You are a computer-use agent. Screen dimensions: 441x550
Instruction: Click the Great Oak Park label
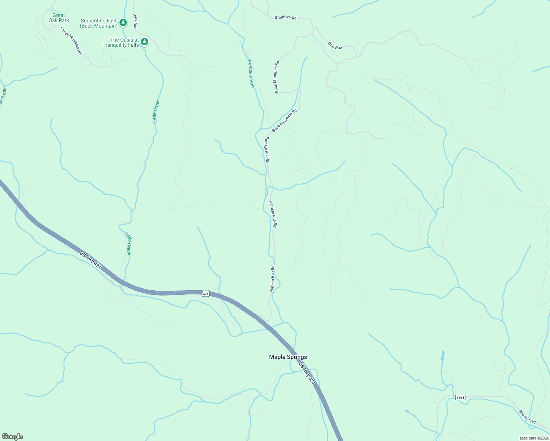point(59,18)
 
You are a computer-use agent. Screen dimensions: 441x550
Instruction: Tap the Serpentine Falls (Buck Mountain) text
point(99,24)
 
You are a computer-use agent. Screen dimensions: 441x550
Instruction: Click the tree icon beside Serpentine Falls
point(123,23)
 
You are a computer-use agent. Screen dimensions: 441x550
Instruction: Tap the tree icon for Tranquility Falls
point(145,42)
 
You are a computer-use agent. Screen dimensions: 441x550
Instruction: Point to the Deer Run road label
point(135,21)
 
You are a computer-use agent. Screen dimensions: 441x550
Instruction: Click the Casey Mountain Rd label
point(71,40)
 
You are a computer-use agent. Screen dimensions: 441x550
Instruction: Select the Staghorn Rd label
point(285,17)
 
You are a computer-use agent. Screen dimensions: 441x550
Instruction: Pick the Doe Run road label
point(335,46)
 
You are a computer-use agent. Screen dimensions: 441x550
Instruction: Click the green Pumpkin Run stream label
point(251,73)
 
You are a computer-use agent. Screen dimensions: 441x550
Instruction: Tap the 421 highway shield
point(206,293)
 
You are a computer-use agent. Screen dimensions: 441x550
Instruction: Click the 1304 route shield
point(460,397)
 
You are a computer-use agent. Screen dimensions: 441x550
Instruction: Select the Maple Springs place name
point(288,357)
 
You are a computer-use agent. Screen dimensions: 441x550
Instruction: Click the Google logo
point(12,436)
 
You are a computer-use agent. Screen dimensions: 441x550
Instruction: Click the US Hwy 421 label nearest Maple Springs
point(307,374)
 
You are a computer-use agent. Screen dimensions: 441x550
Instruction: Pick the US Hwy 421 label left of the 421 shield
point(90,260)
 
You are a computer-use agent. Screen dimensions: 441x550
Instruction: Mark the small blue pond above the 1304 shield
point(443,355)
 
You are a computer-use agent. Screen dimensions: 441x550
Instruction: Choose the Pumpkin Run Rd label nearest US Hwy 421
point(272,279)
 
